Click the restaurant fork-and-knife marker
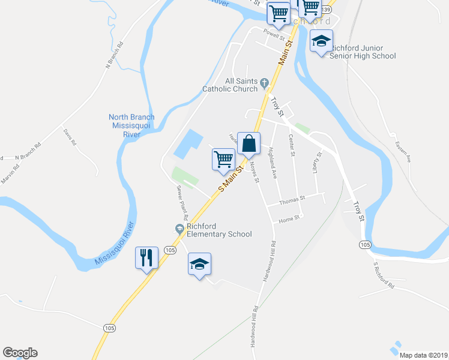[147, 258]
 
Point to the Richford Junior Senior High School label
[363, 52]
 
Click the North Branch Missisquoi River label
[131, 126]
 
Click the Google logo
[20, 353]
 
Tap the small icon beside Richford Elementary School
[179, 228]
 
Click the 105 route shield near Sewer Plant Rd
[170, 250]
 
